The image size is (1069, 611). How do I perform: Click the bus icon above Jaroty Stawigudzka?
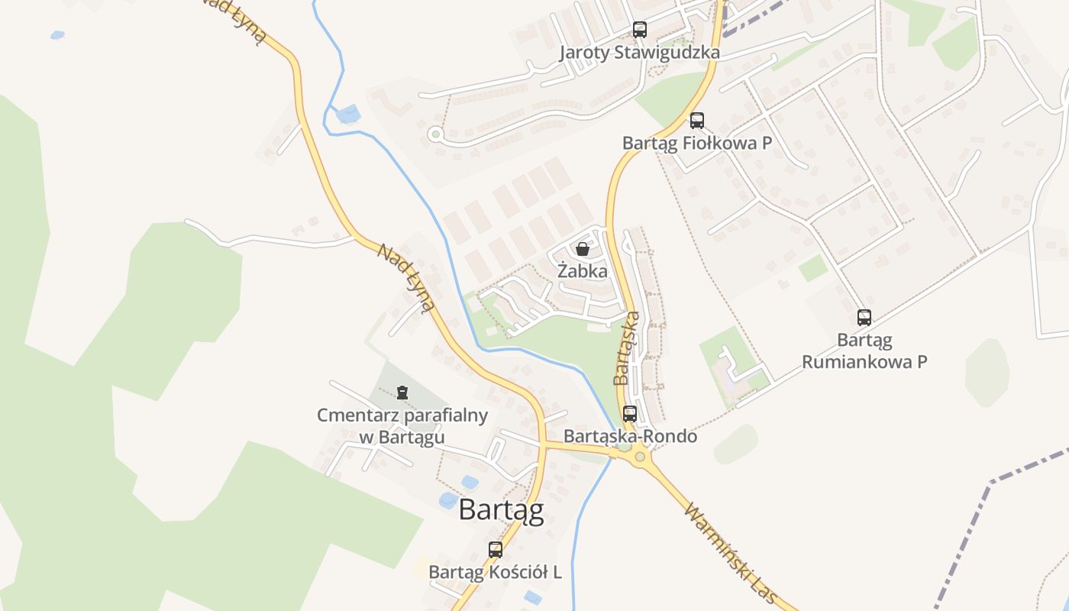[640, 30]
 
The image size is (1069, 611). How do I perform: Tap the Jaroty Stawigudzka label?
[640, 53]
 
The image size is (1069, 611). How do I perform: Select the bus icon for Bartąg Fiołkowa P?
[697, 120]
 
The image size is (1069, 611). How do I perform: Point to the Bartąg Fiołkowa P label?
[697, 143]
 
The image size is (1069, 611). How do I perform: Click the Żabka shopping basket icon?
[583, 249]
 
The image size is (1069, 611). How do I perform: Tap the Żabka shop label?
[583, 271]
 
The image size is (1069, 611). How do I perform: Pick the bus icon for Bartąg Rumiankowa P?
[864, 317]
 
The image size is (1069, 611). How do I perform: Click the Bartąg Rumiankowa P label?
[864, 350]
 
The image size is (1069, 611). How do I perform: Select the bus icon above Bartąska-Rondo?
[630, 414]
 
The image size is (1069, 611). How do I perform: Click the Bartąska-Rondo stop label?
[630, 436]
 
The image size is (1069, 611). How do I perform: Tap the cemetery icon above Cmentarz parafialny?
[402, 393]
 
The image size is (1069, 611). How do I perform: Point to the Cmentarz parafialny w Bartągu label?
[402, 426]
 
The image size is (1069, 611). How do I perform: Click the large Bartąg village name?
[501, 510]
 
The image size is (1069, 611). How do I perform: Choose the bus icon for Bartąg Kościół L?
[496, 549]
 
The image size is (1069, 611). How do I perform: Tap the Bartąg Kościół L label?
[496, 572]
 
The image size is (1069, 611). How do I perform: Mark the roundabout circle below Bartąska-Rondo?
[640, 458]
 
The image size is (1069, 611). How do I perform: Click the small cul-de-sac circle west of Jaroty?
[435, 134]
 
